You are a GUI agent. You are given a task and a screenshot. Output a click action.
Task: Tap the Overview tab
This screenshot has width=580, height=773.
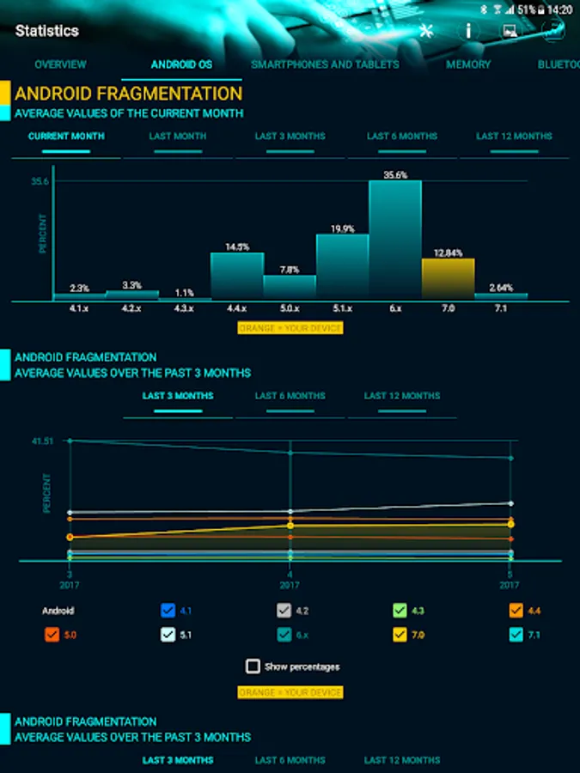(60, 64)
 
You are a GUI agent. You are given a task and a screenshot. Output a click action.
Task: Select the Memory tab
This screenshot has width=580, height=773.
(468, 64)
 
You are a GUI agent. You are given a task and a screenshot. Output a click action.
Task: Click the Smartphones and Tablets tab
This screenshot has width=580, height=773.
(325, 64)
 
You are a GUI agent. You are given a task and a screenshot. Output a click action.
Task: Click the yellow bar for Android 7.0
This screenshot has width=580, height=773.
(448, 279)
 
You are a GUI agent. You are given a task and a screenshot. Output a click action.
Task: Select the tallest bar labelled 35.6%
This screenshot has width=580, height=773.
(395, 240)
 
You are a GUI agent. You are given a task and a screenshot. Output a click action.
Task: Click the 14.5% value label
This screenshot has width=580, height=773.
(237, 247)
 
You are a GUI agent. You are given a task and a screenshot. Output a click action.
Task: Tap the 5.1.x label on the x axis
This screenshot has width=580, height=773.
(342, 307)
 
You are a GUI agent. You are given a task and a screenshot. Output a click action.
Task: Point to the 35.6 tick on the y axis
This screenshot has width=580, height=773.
(40, 182)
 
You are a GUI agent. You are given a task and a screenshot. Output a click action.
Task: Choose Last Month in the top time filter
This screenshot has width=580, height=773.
(178, 137)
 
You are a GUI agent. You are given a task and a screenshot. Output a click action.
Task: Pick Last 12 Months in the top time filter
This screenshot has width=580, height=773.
(514, 137)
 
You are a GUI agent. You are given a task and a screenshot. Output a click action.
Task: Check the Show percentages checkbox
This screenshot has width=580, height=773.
(253, 666)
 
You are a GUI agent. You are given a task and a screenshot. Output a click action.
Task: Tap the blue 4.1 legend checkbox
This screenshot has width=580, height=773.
(168, 611)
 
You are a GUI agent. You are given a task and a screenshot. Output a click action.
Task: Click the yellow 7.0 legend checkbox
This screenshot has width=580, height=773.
(400, 635)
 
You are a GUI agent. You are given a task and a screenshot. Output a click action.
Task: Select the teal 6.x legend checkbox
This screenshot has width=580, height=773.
(284, 635)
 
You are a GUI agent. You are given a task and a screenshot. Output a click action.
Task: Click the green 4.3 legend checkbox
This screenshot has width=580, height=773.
(400, 611)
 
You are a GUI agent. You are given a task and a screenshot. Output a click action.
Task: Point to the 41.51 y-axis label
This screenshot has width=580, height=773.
(42, 441)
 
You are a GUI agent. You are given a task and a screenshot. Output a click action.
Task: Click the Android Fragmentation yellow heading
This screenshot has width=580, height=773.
(128, 93)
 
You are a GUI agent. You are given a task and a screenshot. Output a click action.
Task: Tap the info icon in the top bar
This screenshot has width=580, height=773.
(468, 31)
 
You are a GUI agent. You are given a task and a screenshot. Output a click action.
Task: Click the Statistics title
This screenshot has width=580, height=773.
(47, 31)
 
